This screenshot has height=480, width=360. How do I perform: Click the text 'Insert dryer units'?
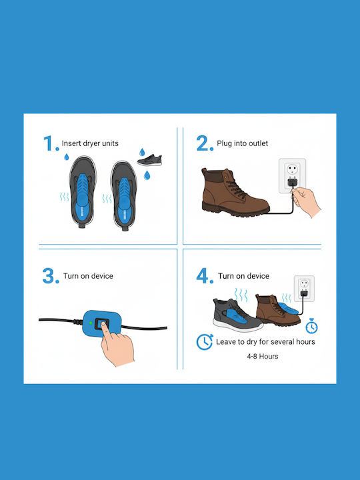90,143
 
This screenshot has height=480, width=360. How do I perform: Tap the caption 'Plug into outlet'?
243,143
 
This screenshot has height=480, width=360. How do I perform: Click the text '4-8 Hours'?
263,356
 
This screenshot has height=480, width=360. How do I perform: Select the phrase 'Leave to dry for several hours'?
265,341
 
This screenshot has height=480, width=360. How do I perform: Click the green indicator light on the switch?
91,323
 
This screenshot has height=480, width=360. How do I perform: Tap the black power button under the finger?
101,324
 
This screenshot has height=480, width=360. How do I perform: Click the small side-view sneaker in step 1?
150,160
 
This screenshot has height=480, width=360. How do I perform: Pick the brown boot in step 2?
235,192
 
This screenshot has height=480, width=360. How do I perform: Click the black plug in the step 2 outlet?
293,183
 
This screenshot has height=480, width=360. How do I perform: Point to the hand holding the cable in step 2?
305,201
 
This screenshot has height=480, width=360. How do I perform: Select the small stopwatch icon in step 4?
311,326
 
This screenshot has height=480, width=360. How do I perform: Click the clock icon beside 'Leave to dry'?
205,342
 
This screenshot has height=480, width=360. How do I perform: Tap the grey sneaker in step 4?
237,315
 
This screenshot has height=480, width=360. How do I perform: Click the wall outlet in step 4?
304,289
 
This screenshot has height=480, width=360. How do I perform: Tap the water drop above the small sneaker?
142,152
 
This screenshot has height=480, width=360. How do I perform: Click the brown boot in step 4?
277,310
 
